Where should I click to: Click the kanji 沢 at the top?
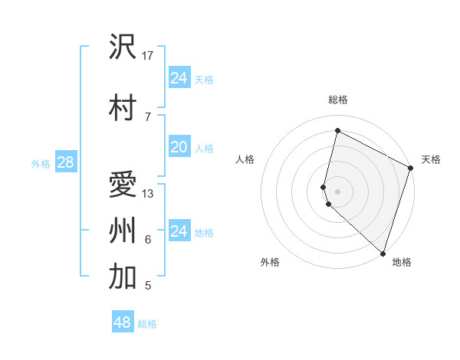tap(123, 47)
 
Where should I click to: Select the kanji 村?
tap(123, 107)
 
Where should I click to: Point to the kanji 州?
tap(123, 231)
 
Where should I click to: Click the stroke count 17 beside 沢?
tap(148, 56)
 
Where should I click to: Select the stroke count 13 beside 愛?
tap(148, 193)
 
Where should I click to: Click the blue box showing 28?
tap(64, 162)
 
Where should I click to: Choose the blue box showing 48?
tap(123, 322)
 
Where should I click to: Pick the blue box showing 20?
tap(179, 147)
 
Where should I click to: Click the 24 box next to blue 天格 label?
tap(179, 77)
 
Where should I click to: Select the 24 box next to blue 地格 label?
tap(179, 231)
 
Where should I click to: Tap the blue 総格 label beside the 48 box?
tap(147, 324)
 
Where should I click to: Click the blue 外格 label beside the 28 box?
tap(40, 163)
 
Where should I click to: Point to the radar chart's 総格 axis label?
tap(337, 100)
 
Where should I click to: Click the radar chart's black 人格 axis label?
tap(245, 159)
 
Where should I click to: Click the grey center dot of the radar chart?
tap(337, 190)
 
